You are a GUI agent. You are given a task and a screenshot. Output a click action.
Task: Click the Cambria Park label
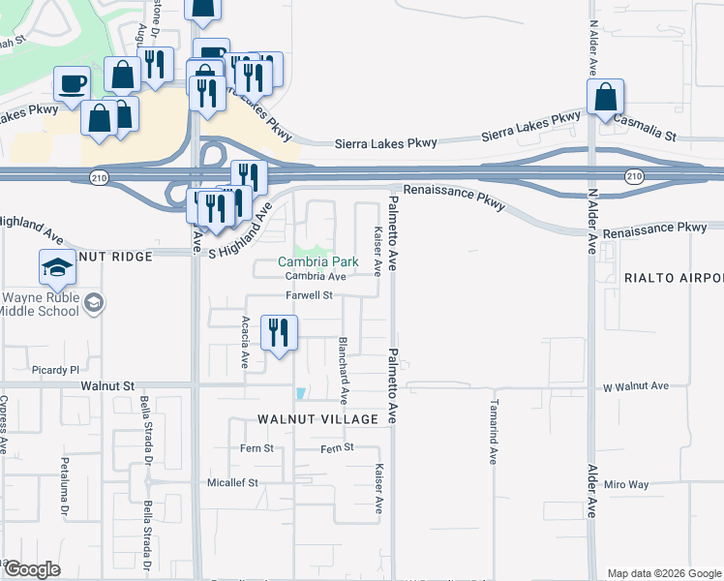pyautogui.click(x=318, y=261)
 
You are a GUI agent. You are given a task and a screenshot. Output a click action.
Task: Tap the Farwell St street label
pyautogui.click(x=309, y=294)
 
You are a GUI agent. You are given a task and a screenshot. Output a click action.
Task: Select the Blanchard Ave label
pyautogui.click(x=343, y=370)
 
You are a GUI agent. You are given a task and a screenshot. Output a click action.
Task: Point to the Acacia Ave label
pyautogui.click(x=244, y=343)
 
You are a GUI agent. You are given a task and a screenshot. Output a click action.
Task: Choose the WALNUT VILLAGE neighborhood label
pyautogui.click(x=317, y=418)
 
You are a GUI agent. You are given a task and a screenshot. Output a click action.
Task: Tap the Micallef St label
pyautogui.click(x=233, y=481)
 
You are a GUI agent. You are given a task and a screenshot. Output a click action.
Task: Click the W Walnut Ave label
pyautogui.click(x=636, y=386)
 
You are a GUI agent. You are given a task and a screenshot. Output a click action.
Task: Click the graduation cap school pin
pyautogui.click(x=58, y=266)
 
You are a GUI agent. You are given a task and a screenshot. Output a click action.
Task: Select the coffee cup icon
pyautogui.click(x=72, y=83)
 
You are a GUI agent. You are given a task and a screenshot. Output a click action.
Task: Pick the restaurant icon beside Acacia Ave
pyautogui.click(x=279, y=332)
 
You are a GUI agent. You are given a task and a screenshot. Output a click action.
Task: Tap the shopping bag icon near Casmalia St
pyautogui.click(x=605, y=97)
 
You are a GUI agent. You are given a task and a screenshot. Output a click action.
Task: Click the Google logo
pyautogui.click(x=31, y=569)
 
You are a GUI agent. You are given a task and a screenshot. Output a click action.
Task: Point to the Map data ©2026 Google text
pyautogui.click(x=663, y=573)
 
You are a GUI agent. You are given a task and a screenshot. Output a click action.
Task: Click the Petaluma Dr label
pyautogui.click(x=65, y=484)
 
